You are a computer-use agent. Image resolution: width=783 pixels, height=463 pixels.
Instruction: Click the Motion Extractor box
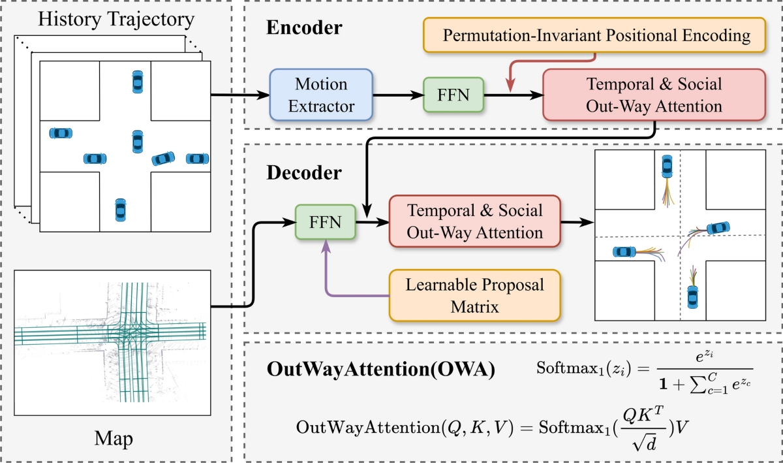click(x=321, y=95)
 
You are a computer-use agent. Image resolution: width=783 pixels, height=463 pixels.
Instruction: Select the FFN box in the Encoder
click(x=453, y=95)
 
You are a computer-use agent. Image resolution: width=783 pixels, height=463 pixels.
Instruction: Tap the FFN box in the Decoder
click(x=326, y=222)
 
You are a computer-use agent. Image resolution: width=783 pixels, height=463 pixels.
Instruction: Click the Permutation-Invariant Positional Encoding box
click(x=594, y=35)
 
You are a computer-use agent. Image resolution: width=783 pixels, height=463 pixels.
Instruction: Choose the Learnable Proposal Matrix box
click(x=475, y=295)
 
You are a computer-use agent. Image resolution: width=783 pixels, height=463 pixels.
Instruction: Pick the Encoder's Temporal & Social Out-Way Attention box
click(x=654, y=95)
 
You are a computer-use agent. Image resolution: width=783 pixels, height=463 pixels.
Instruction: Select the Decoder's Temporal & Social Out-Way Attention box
click(x=475, y=221)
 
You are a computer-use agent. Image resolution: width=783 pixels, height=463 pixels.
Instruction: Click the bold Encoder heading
click(x=304, y=27)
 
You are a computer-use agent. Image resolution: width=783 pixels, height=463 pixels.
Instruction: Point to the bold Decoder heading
click(x=304, y=172)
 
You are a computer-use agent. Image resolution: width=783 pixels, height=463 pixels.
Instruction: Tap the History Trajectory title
click(x=116, y=19)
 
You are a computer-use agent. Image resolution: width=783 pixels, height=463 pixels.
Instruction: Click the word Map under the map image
click(x=114, y=438)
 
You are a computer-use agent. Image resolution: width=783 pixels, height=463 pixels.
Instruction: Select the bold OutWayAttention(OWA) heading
click(x=380, y=369)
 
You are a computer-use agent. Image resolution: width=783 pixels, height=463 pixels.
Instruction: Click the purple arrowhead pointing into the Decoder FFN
click(x=326, y=246)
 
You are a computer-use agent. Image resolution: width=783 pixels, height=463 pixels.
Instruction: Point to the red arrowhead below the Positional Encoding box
click(x=510, y=86)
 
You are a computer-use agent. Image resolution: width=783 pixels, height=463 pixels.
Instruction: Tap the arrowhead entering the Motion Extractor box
click(x=263, y=95)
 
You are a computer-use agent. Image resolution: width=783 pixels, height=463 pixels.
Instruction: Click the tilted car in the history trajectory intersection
click(x=163, y=159)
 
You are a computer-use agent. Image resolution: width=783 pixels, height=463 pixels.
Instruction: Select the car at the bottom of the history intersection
click(x=121, y=210)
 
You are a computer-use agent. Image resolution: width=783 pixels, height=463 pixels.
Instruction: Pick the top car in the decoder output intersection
click(x=667, y=167)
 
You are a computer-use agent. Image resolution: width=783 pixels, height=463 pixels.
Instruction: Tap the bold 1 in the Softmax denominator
click(x=663, y=385)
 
